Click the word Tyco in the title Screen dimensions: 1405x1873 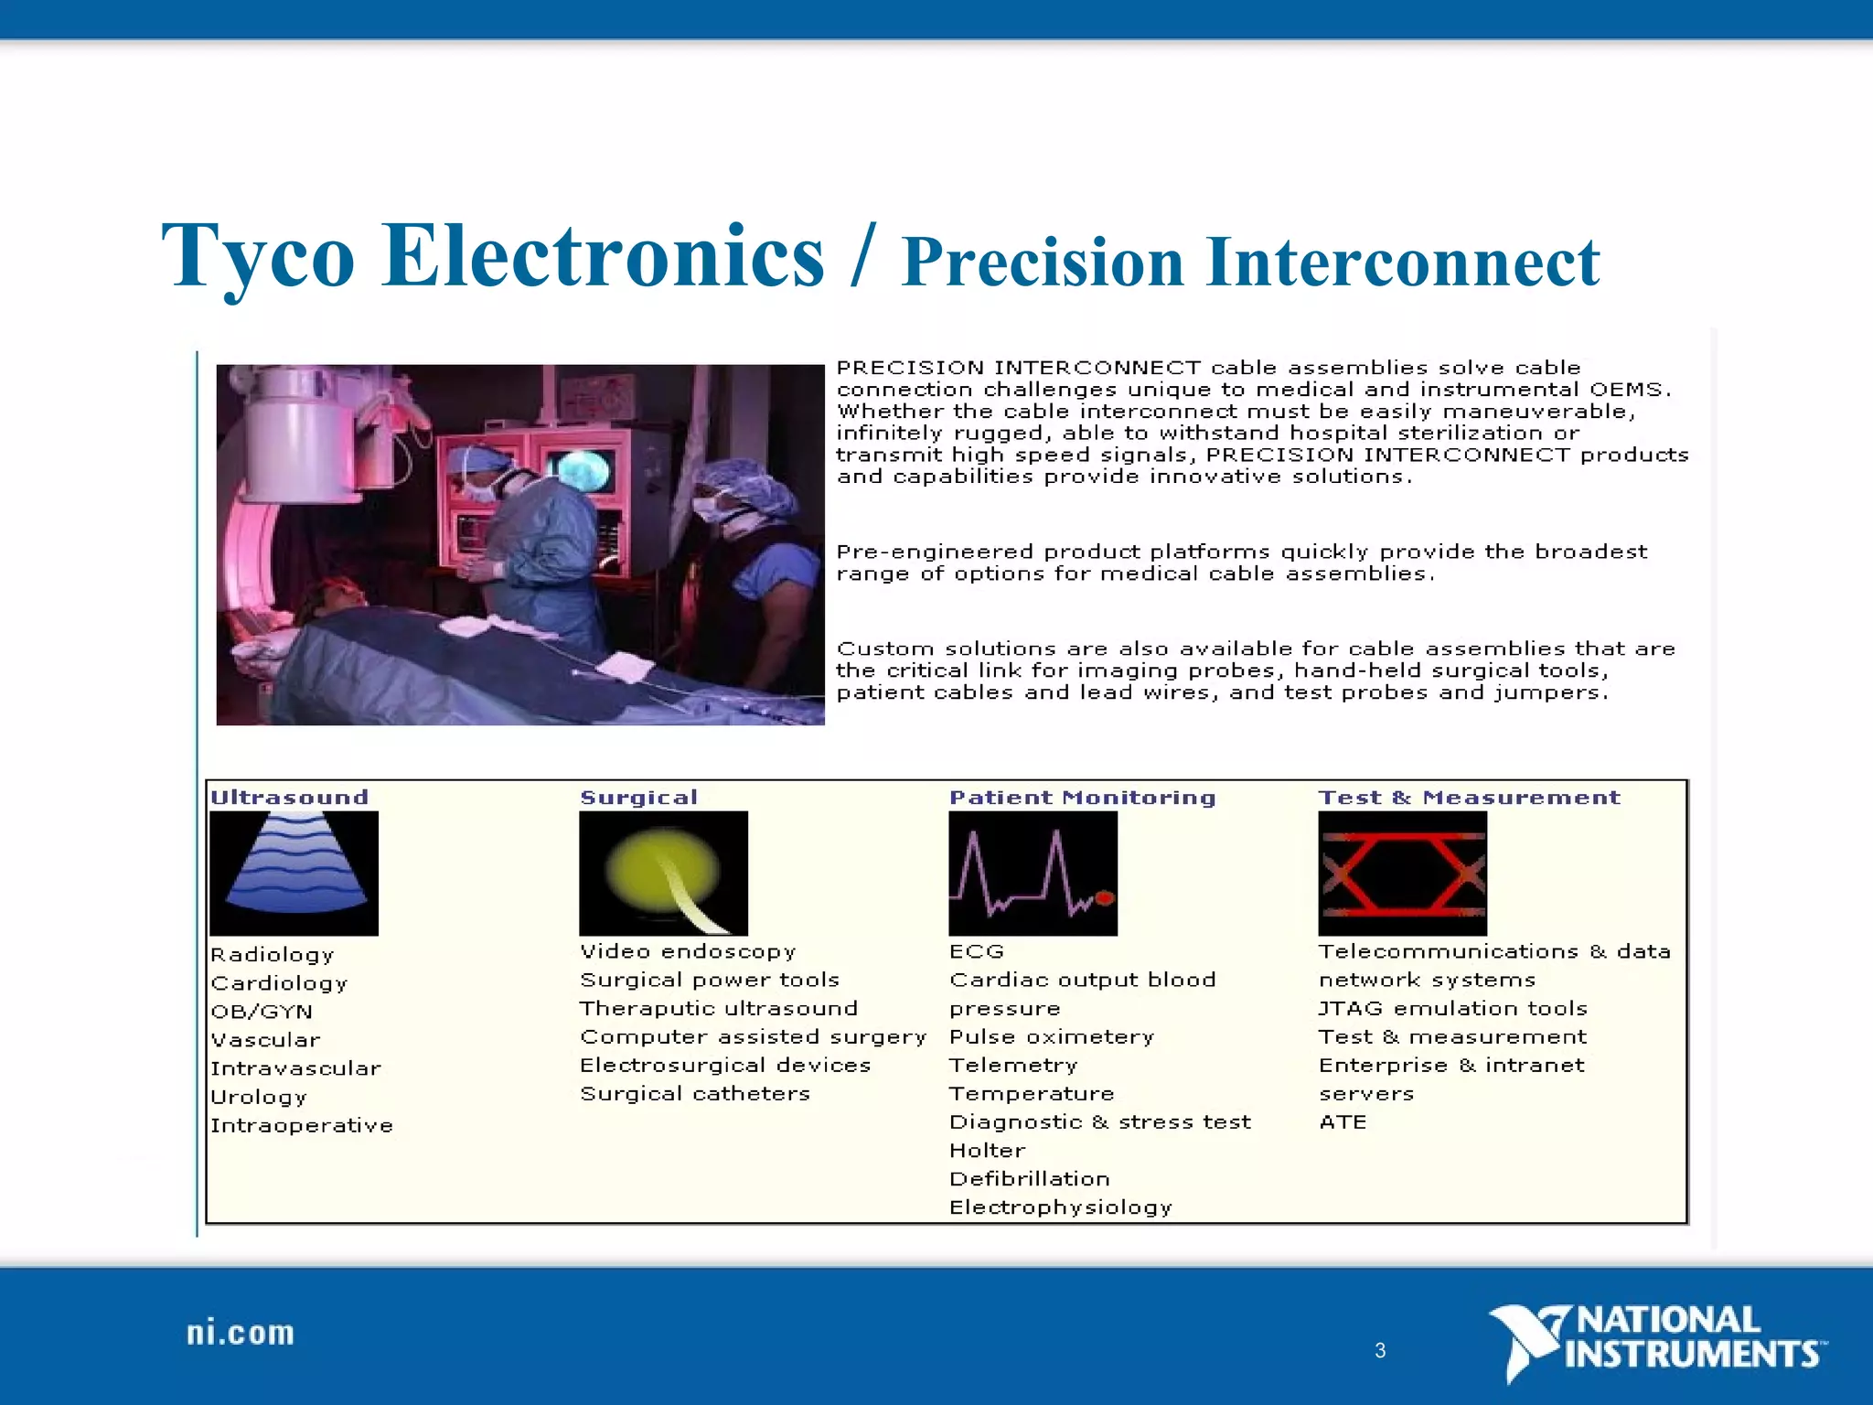258,257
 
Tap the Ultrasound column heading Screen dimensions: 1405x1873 289,798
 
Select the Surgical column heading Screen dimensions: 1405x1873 638,798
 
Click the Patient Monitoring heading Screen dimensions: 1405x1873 1082,798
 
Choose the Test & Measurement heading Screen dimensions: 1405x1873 1469,798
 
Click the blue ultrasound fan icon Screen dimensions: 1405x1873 294,873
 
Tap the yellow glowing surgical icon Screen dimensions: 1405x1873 663,873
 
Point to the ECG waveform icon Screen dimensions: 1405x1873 1033,873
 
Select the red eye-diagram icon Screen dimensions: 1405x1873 1402,873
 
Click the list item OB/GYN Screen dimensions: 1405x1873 262,1012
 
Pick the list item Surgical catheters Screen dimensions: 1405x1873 695,1094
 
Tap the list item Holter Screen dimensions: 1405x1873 987,1151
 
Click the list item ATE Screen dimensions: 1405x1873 1342,1122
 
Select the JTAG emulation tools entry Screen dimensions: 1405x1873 1452,1008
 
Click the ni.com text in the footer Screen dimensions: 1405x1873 241,1334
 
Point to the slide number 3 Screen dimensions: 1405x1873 1380,1350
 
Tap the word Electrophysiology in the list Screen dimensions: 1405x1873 1060,1207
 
